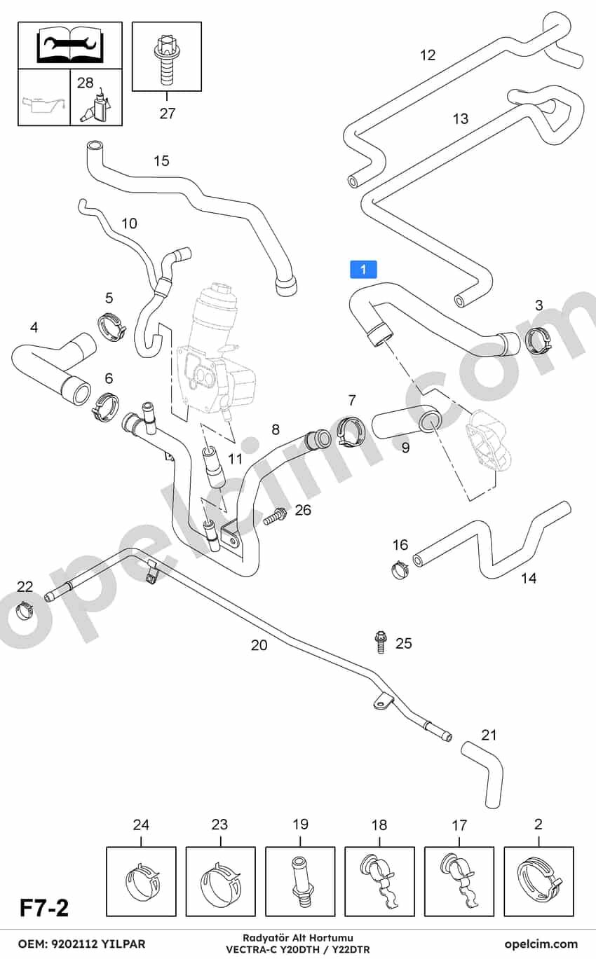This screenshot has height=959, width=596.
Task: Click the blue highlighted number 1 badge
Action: [363, 269]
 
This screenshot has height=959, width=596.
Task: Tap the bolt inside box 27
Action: [165, 62]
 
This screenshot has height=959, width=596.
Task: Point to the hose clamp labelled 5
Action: [111, 328]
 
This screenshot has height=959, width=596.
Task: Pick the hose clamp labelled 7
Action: [350, 430]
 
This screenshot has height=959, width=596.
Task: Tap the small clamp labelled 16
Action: [400, 569]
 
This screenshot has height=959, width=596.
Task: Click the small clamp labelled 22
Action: [25, 609]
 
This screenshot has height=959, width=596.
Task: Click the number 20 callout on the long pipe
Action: [259, 644]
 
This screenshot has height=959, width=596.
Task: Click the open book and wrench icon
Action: [70, 44]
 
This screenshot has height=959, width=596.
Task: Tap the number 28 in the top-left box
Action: [86, 82]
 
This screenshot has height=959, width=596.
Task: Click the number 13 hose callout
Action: [461, 118]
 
